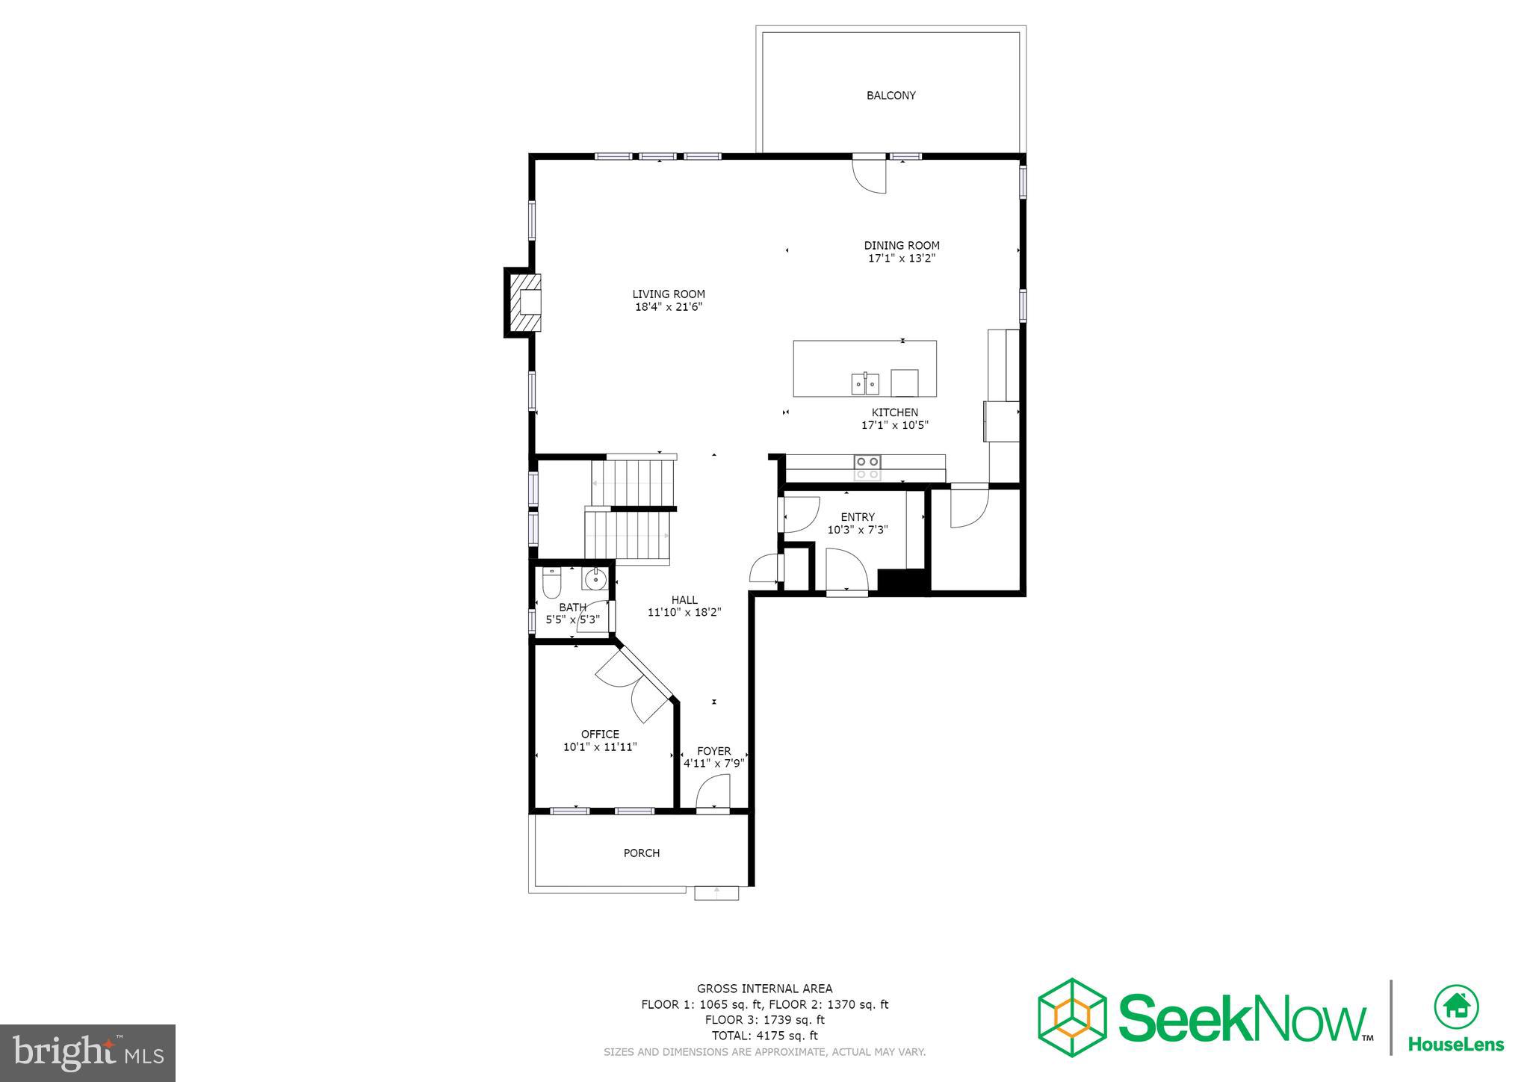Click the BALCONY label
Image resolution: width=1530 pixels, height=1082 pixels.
tap(891, 96)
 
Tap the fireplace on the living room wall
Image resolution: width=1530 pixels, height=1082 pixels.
tap(525, 303)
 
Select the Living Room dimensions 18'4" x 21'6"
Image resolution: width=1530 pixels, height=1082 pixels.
tap(669, 307)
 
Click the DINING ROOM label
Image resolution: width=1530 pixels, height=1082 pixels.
tap(901, 245)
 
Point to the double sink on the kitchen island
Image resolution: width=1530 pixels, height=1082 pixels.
tap(865, 384)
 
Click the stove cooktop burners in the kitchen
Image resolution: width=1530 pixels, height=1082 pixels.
tap(867, 468)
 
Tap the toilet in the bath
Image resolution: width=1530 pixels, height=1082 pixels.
tap(551, 582)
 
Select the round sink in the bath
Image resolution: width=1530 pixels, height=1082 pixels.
tap(595, 578)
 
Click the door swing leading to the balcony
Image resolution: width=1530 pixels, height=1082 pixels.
tap(870, 176)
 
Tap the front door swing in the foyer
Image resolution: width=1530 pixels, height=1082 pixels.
tap(713, 792)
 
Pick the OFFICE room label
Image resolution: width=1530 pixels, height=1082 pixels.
tap(600, 734)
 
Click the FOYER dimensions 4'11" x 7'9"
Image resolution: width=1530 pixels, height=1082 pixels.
tap(714, 764)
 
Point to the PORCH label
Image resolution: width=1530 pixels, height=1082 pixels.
tap(641, 853)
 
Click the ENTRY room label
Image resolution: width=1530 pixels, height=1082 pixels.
tap(857, 517)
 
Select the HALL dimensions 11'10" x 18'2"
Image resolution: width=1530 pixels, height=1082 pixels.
tap(684, 613)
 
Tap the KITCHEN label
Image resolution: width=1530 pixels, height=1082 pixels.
tap(894, 412)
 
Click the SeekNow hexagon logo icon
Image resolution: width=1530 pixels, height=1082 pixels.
tap(1072, 1017)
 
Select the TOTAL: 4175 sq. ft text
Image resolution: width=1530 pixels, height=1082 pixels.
tap(764, 1036)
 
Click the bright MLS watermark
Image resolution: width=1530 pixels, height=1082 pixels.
tap(88, 1053)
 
